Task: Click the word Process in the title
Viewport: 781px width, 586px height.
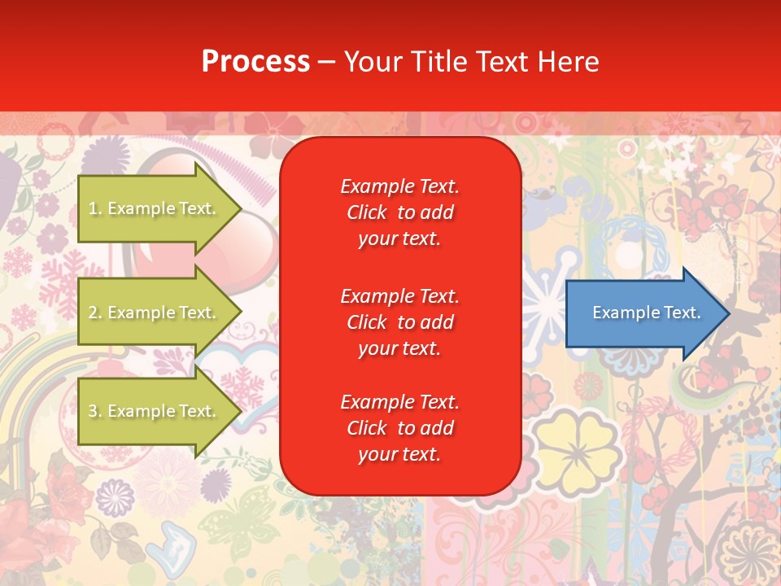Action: tap(255, 62)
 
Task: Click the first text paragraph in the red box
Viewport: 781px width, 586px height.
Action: tap(399, 212)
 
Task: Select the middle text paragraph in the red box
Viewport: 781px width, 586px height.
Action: tap(399, 322)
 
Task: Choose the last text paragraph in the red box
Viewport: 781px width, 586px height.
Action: tap(399, 428)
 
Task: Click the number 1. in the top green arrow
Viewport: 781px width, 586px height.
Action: tap(95, 209)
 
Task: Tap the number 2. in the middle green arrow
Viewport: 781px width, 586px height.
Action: tap(95, 313)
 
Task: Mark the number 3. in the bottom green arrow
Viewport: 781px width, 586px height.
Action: tap(95, 412)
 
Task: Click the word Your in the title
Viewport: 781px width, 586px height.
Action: tap(371, 62)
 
